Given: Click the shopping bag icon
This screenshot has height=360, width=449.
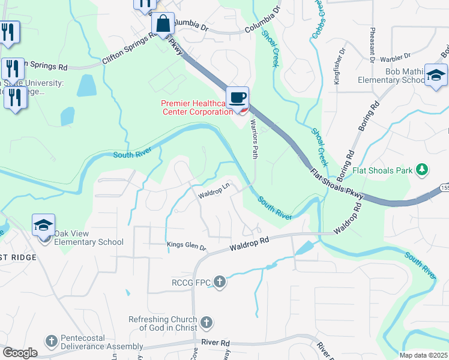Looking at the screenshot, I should pos(163,24).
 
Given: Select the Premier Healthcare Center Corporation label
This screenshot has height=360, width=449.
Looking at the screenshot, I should pos(196,107).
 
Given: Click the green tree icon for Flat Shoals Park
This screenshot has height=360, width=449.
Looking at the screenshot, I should pos(423,170).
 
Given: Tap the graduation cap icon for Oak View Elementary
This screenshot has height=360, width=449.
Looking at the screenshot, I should pos(44,226).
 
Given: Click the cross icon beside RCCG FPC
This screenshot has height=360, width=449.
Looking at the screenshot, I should pos(220,281).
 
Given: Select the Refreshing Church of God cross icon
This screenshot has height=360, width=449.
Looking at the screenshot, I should pos(206,322).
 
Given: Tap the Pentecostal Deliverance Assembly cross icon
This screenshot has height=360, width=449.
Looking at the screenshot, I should pos(52,341).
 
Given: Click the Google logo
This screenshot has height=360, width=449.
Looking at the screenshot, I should pos(20,353).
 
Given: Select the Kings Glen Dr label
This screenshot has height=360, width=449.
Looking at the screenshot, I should pos(186,247).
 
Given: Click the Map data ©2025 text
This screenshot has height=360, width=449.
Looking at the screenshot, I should pos(423,355).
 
